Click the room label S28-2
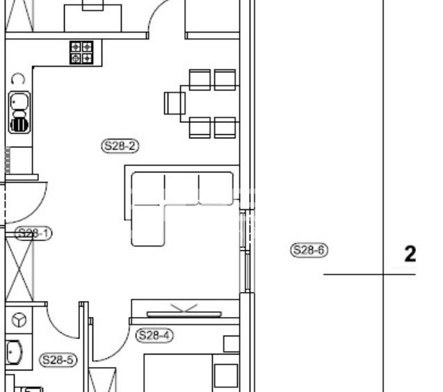[120, 146]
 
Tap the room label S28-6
[309, 250]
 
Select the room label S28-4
[154, 335]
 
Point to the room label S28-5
[58, 360]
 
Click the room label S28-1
[33, 234]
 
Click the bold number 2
[410, 254]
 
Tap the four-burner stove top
[81, 53]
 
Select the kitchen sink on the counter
[19, 112]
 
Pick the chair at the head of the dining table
[175, 104]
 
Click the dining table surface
[209, 104]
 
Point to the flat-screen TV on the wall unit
[184, 314]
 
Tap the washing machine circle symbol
[19, 320]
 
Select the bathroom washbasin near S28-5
[14, 352]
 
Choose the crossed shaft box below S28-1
[19, 269]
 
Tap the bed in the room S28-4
[178, 373]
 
